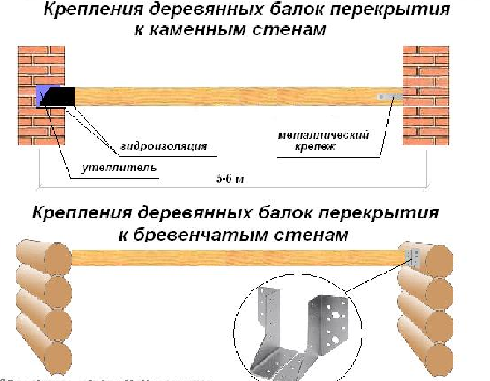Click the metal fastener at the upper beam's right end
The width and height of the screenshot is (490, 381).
389,97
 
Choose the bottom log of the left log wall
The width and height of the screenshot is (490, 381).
42,356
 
